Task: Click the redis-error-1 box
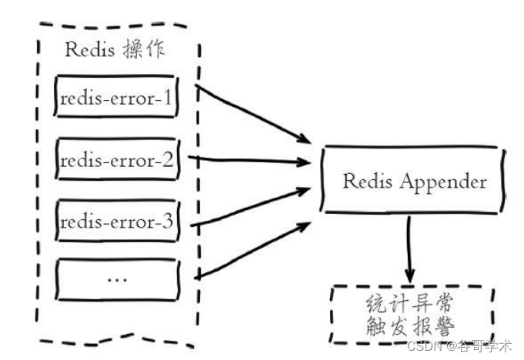click(118, 97)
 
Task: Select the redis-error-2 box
click(118, 162)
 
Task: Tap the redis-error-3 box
click(118, 223)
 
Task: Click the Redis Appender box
click(414, 182)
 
